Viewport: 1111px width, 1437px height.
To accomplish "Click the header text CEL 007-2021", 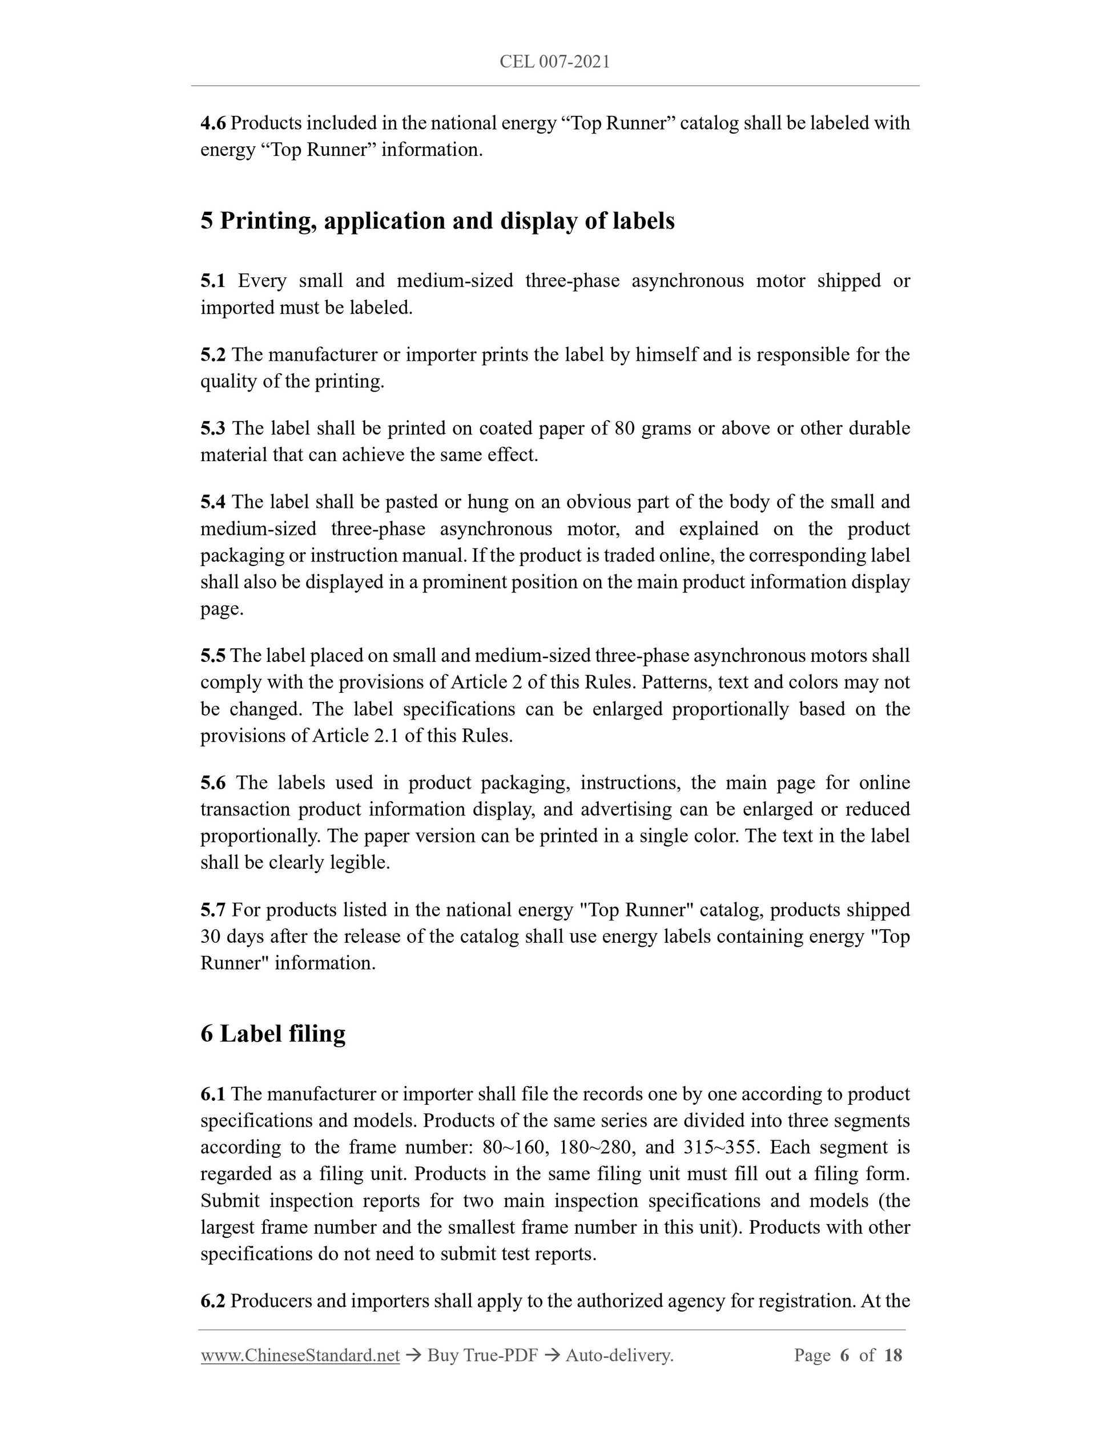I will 555,62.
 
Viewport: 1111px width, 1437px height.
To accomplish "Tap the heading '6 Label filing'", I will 272,1034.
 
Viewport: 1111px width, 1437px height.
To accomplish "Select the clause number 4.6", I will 214,123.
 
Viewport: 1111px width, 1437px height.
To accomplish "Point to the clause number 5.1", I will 212,281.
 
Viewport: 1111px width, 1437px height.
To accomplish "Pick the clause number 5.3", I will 212,429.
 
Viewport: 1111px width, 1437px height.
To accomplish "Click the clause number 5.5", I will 212,655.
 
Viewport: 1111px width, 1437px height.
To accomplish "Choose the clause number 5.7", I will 212,910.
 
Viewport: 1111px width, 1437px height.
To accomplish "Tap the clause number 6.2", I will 212,1301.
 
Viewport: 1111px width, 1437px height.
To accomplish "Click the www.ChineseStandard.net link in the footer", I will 300,1355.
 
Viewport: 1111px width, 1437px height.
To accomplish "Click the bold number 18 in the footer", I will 893,1355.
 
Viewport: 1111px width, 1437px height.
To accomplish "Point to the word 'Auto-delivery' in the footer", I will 619,1355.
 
